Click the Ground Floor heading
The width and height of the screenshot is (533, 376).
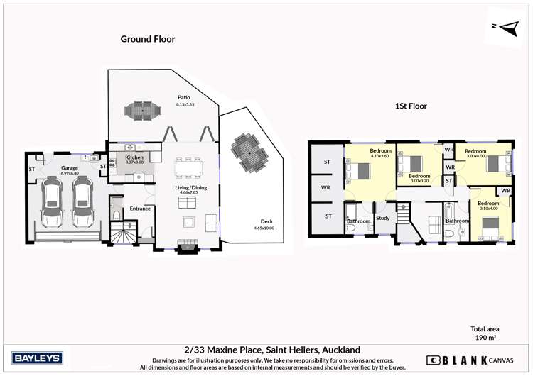pos(147,40)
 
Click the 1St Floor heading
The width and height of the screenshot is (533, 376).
pos(411,106)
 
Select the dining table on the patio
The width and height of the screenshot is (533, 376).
pos(143,110)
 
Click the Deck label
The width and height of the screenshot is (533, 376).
pos(266,221)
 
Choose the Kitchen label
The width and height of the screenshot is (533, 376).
pos(134,157)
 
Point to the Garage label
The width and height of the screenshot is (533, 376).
pos(69,168)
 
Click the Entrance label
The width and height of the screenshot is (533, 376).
pos(140,209)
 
